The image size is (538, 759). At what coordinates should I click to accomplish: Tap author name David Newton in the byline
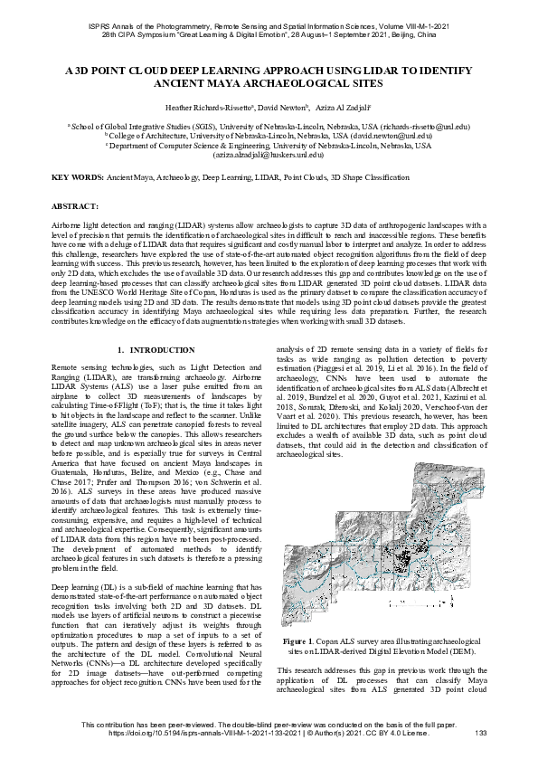click(x=281, y=108)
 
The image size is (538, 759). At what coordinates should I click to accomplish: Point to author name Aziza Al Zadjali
click(x=347, y=108)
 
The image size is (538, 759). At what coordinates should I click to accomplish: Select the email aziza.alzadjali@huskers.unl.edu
click(x=269, y=155)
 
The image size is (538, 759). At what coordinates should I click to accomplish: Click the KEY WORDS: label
click(x=78, y=177)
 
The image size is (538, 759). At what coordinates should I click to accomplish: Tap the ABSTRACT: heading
click(x=76, y=207)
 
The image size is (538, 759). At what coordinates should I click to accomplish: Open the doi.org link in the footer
click(x=186, y=733)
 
